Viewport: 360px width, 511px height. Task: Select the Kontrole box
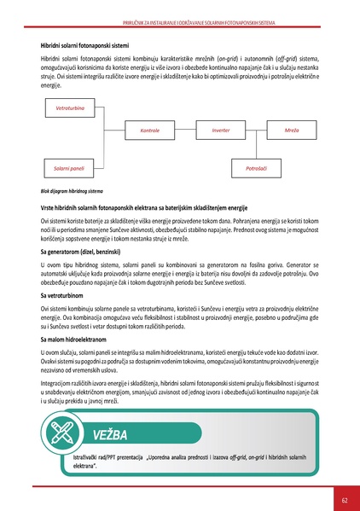(x=150, y=131)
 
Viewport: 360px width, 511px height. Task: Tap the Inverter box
(x=221, y=131)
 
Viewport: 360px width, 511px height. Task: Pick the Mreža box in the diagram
(x=292, y=131)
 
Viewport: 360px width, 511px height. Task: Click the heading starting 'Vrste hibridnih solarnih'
(x=143, y=208)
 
